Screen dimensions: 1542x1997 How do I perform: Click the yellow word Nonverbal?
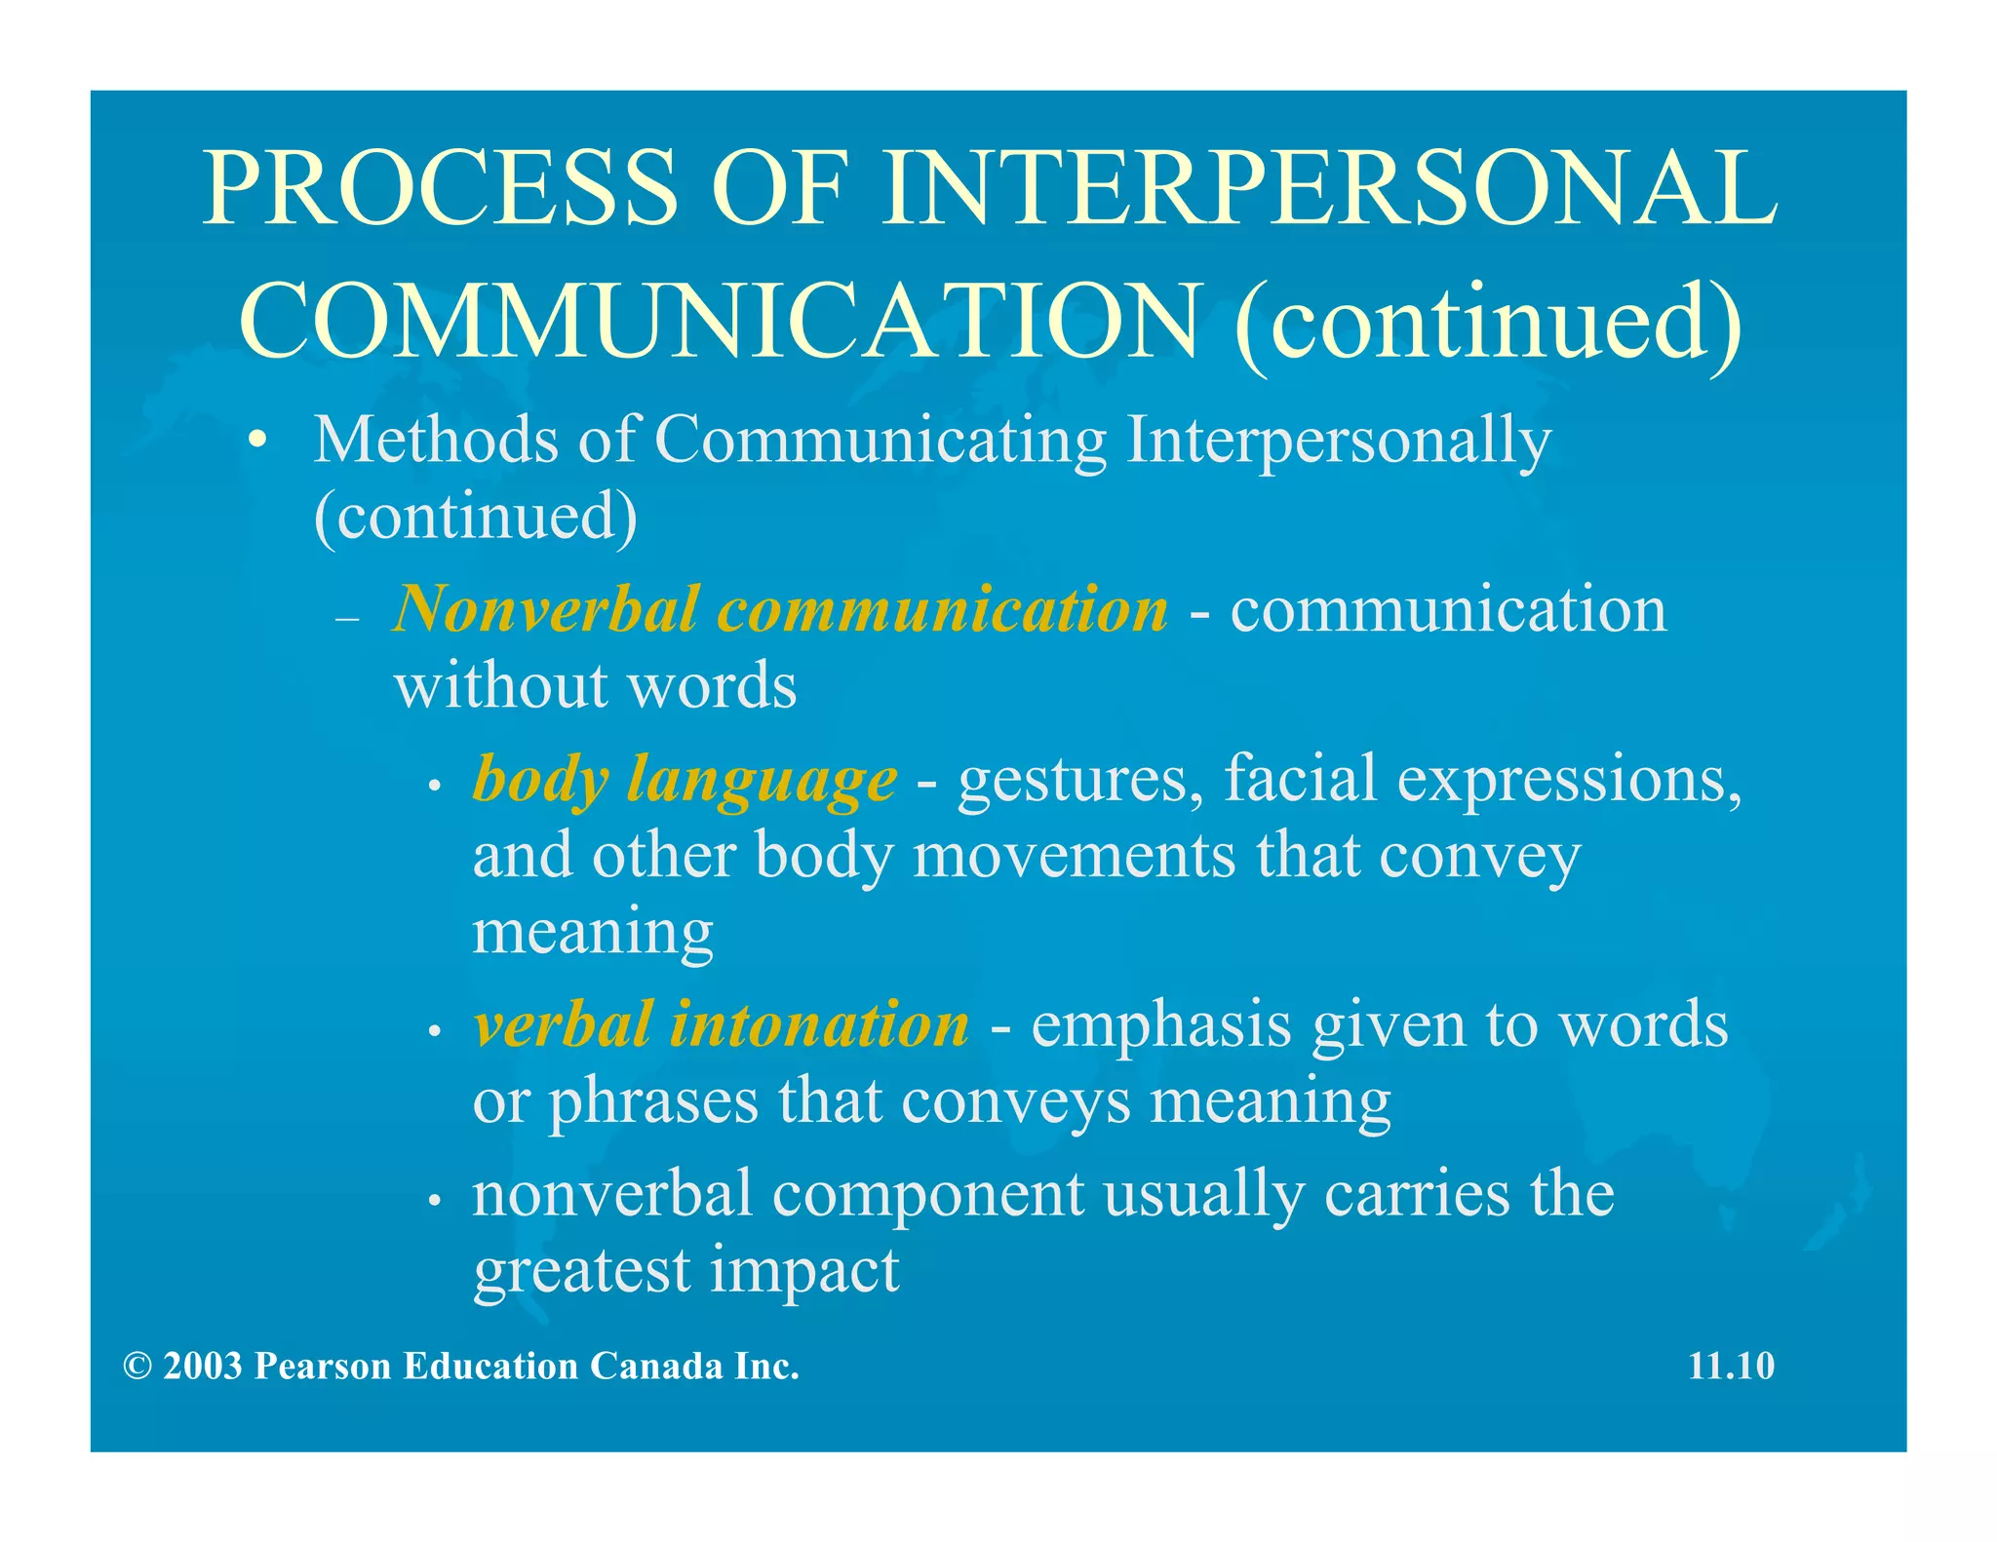[x=547, y=610]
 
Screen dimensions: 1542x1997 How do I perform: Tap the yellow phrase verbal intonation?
[x=722, y=1025]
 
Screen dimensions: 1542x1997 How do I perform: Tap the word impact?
[x=804, y=1273]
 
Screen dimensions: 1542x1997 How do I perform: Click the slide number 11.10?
[x=1731, y=1367]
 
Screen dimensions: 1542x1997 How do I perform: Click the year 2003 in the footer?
[x=203, y=1367]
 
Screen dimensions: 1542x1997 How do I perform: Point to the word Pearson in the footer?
[x=323, y=1367]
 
